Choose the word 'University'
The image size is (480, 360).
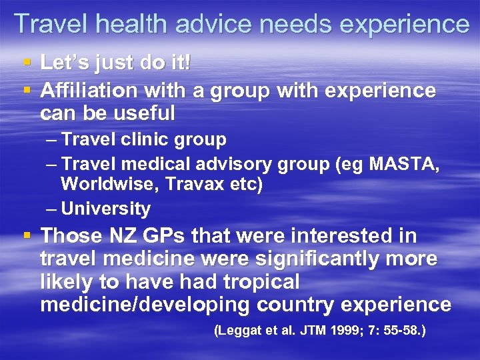coord(105,209)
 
